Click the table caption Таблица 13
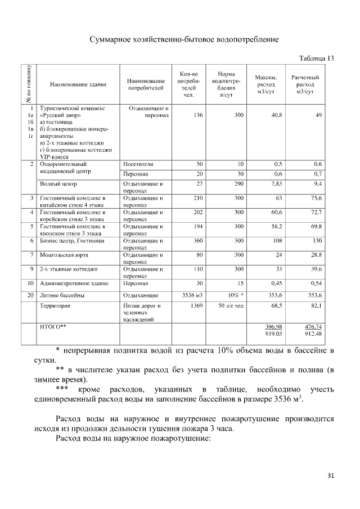[x=315, y=58]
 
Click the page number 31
[x=331, y=476]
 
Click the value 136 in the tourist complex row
[x=197, y=115]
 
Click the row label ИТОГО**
[x=52, y=326]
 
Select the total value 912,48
[x=313, y=334]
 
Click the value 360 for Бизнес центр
[x=197, y=241]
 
